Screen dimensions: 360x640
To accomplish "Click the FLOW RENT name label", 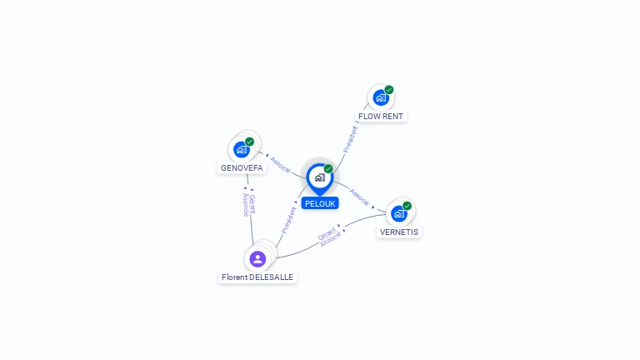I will point(382,116).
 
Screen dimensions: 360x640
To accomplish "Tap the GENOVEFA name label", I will point(242,167).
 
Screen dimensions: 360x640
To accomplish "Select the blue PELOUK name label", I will point(320,203).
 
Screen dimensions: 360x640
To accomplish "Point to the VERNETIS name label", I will point(399,232).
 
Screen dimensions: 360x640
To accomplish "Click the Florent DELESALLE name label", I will point(257,277).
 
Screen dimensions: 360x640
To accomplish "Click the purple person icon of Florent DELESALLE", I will point(257,259).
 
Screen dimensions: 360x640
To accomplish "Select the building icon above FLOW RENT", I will point(381,98).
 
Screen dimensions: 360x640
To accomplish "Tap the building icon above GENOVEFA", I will point(241,150).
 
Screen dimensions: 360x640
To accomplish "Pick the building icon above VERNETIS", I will point(398,214).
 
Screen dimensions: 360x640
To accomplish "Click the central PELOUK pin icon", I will point(319,177).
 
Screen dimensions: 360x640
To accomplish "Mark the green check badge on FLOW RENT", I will point(389,90).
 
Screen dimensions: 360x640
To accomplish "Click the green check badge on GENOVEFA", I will point(249,142).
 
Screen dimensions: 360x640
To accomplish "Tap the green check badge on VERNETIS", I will point(407,206).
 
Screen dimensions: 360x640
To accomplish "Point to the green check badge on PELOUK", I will point(328,169).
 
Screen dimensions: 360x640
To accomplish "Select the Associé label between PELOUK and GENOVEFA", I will point(281,165).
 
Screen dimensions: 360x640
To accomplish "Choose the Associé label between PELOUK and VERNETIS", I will point(359,197).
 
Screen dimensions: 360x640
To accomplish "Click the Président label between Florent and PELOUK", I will point(288,219).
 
